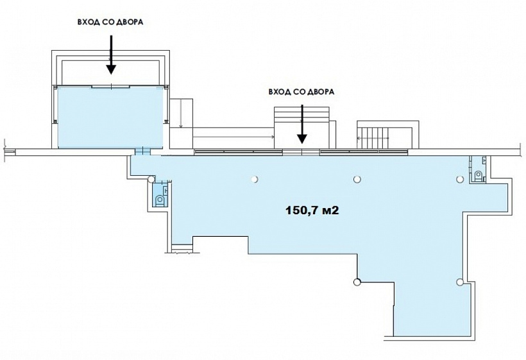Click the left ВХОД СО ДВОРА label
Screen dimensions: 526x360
(110, 22)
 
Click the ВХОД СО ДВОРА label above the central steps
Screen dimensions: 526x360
(301, 92)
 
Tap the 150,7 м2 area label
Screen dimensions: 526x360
(312, 210)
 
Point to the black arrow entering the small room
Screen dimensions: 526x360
(111, 55)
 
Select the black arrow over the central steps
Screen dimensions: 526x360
(302, 124)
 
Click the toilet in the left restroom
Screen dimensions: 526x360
(160, 200)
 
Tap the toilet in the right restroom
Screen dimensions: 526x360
(479, 175)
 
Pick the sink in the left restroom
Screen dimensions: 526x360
(165, 190)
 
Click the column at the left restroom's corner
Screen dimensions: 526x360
(151, 179)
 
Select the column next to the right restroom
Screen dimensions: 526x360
(460, 179)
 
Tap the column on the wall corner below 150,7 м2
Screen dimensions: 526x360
(357, 282)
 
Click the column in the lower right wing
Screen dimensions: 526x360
(460, 282)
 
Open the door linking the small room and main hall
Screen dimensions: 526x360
(142, 151)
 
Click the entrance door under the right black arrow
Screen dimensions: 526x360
(301, 151)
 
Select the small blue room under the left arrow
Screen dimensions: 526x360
(110, 117)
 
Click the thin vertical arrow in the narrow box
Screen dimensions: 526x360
(181, 114)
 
